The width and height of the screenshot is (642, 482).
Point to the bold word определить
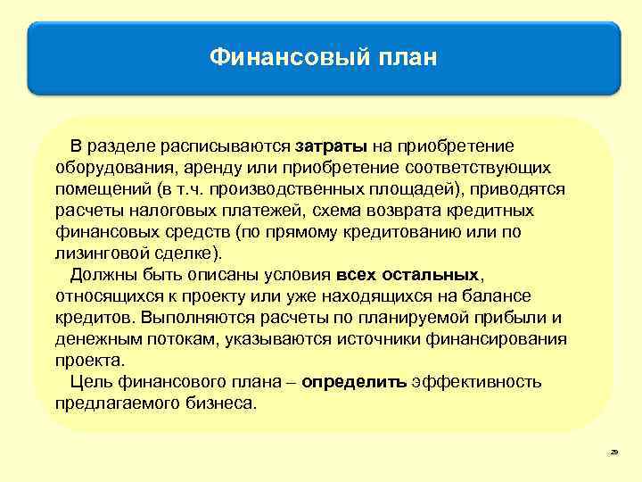[x=354, y=382]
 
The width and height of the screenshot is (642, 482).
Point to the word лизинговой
[x=96, y=253]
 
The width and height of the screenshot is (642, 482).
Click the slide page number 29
[x=613, y=454]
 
